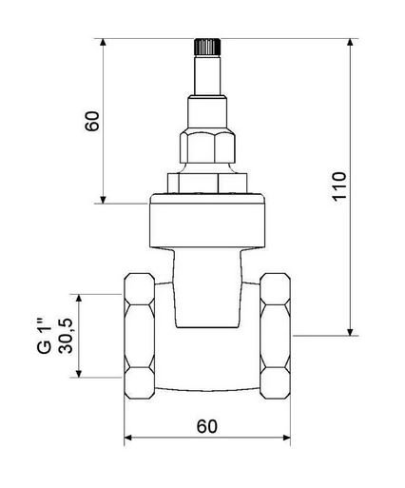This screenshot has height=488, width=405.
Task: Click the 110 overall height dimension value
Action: point(339,185)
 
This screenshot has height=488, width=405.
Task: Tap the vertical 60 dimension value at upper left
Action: point(92,121)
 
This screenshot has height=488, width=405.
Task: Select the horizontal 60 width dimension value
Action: point(207,426)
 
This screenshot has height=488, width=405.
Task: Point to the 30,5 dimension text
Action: point(66,336)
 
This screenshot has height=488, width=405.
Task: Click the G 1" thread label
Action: point(44,336)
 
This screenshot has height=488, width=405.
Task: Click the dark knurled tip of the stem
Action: point(207,47)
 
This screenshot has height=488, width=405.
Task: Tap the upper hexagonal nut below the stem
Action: point(208,146)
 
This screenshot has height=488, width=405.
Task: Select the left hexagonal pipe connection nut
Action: point(140,336)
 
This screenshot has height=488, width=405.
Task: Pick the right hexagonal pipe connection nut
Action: point(276,336)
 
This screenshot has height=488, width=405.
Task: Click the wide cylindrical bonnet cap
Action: point(207,221)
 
